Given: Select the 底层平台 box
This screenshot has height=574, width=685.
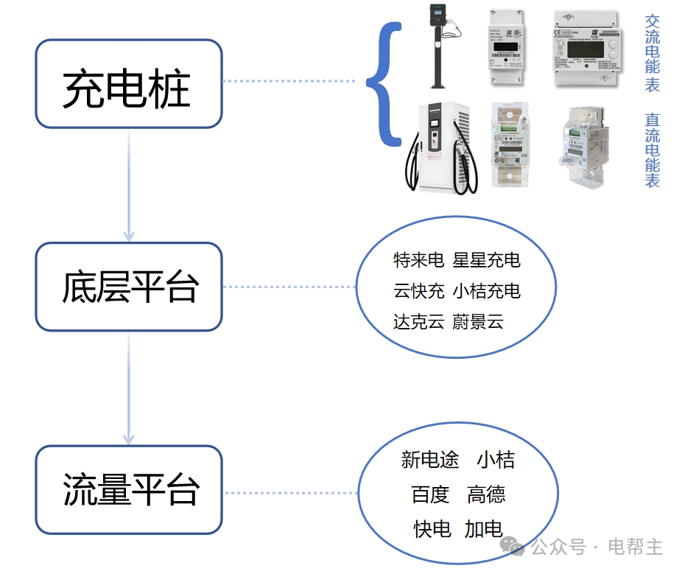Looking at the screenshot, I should [x=128, y=287].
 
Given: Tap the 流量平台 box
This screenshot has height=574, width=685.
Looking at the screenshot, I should [x=128, y=489].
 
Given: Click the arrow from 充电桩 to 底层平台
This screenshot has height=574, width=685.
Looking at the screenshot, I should [x=129, y=184].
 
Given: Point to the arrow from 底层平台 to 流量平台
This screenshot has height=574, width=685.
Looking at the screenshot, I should [x=129, y=388].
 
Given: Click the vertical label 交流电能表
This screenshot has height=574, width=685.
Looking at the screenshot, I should [x=652, y=54].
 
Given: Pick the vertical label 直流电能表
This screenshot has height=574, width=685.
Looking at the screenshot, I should [x=652, y=150].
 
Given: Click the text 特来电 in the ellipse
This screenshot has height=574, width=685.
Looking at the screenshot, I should [x=418, y=260].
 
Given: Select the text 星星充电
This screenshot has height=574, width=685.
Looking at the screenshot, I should [x=486, y=260].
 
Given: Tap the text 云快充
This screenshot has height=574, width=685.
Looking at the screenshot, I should [x=418, y=291].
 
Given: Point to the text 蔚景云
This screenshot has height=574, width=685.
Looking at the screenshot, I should [x=477, y=322].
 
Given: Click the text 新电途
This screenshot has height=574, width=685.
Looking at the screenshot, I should [x=429, y=461].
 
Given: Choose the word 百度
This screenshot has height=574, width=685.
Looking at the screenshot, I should [x=429, y=495].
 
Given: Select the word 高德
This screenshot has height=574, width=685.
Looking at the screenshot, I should [x=486, y=495].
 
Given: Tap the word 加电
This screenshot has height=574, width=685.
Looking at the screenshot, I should [x=483, y=529].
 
